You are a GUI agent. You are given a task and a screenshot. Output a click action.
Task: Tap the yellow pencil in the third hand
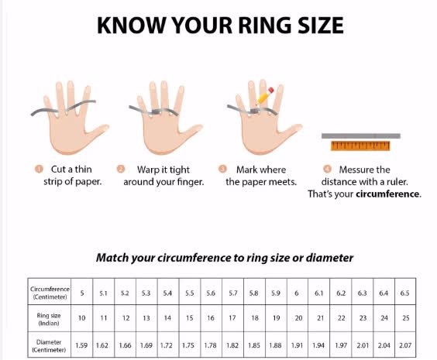(x=265, y=96)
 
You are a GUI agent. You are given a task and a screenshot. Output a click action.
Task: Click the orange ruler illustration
(x=360, y=146)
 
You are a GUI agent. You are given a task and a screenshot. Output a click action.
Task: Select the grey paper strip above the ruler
(x=361, y=135)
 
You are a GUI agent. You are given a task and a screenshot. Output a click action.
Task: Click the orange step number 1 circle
(x=39, y=169)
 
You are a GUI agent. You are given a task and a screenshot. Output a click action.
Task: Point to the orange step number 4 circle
(x=328, y=169)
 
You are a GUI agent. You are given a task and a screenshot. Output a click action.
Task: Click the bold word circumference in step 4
(x=387, y=194)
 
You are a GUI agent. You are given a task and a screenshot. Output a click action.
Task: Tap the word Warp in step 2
(x=148, y=170)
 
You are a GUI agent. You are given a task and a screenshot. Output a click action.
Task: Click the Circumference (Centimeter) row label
(x=50, y=293)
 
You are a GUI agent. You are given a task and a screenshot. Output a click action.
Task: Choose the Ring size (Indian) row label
(x=49, y=319)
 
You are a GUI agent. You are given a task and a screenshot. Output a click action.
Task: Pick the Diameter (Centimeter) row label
(x=49, y=346)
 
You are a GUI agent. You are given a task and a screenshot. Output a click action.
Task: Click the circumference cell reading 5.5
(x=190, y=293)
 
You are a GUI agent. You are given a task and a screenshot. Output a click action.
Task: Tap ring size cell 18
(x=255, y=318)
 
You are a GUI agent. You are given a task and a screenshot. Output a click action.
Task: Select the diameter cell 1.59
(x=81, y=345)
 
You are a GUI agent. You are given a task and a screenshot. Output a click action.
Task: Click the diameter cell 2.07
(x=405, y=345)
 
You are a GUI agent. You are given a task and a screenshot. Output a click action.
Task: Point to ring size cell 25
(x=406, y=318)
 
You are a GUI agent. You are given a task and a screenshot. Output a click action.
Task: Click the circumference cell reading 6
(x=297, y=293)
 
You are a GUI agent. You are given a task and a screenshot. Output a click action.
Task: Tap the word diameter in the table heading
(x=330, y=258)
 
